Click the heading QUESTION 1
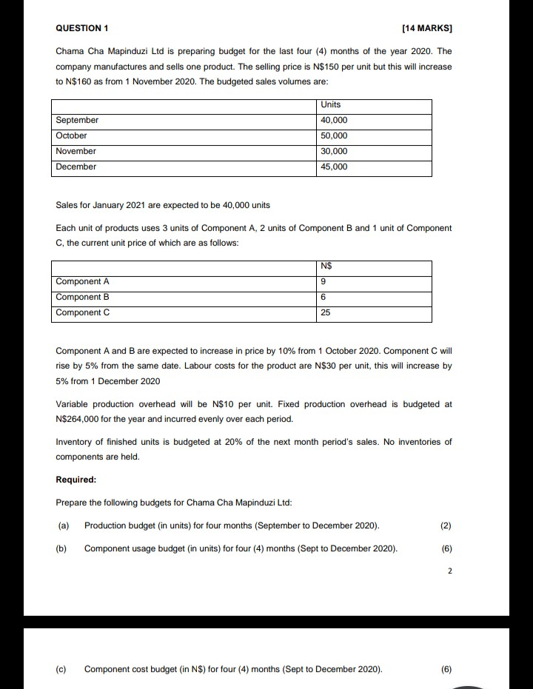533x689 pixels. click(82, 28)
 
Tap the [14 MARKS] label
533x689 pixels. click(426, 28)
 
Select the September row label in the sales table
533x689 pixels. click(77, 120)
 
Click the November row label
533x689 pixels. click(76, 151)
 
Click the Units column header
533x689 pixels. click(331, 104)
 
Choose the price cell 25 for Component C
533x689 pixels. click(326, 312)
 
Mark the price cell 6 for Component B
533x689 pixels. click(324, 297)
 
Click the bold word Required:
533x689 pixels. click(77, 480)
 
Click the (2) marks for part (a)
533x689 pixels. click(445, 525)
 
